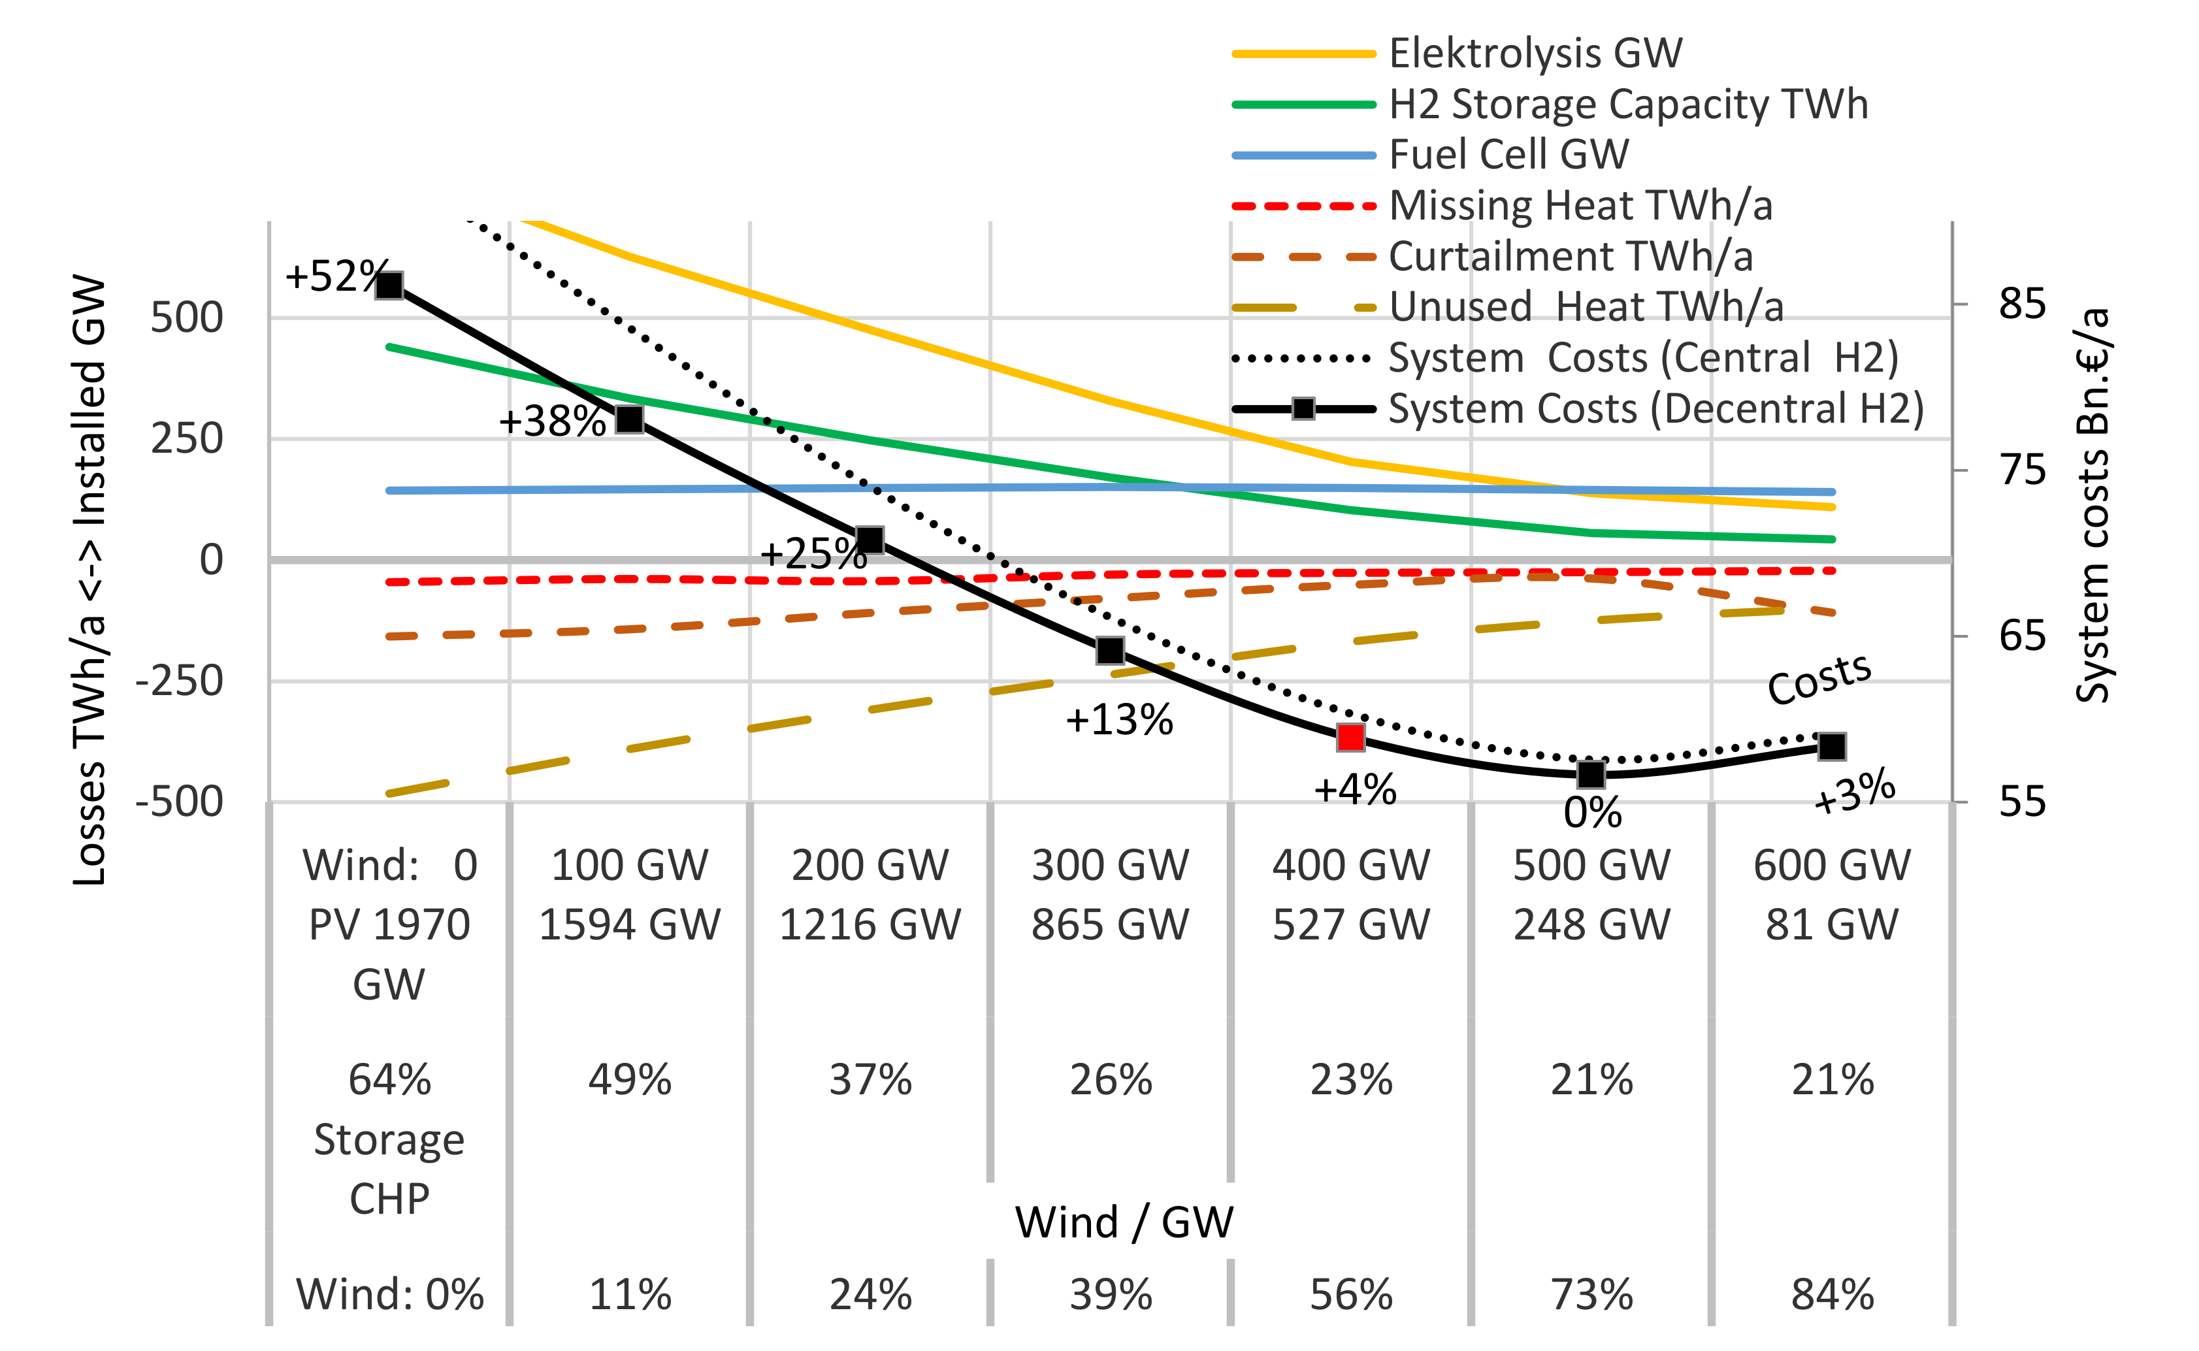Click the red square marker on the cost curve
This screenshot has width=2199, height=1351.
1350,737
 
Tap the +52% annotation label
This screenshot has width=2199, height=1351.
335,276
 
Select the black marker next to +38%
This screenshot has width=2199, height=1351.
630,419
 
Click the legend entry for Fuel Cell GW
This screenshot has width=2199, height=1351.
1508,155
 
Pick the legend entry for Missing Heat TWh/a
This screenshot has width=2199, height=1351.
1580,206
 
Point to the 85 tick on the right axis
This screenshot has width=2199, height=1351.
2021,304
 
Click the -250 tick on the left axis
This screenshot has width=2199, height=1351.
180,681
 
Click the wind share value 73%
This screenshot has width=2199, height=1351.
1591,1294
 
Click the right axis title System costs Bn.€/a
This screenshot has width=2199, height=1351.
2092,505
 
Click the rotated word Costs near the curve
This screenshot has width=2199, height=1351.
1819,679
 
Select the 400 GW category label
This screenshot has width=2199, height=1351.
1350,865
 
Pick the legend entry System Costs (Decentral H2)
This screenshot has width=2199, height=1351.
1655,408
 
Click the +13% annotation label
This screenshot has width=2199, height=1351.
1118,719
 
